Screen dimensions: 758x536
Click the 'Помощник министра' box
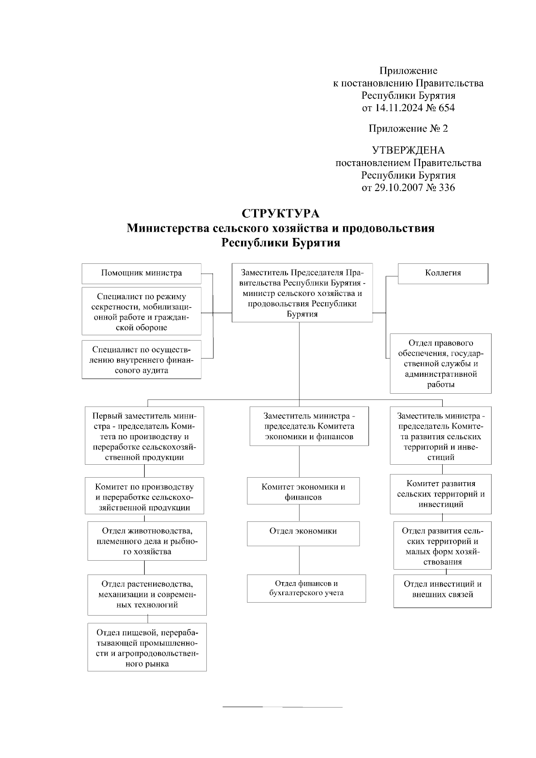(141, 273)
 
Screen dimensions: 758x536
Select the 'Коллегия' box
(443, 273)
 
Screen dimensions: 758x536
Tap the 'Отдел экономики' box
(303, 533)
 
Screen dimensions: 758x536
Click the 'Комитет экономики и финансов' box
(303, 491)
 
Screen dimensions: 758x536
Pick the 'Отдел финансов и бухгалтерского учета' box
(306, 588)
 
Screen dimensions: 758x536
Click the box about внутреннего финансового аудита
(141, 360)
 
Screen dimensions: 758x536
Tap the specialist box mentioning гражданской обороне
(141, 311)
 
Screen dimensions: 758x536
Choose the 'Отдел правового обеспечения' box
(440, 363)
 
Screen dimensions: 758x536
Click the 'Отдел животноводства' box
(147, 541)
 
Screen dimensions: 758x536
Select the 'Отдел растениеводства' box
(147, 594)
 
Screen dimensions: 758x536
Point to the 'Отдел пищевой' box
(147, 647)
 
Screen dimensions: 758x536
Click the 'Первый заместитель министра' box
(144, 435)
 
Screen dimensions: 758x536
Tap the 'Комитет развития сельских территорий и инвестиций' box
(440, 494)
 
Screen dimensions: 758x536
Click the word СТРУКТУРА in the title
(281, 213)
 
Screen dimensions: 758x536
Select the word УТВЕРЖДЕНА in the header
(408, 150)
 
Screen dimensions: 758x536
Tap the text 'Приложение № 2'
(408, 129)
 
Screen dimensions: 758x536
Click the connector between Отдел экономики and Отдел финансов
(299, 560)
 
